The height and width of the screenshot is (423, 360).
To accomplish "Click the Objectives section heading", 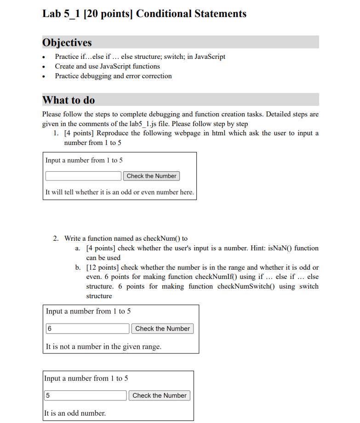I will [67, 42].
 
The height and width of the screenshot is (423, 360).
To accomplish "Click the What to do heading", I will [69, 100].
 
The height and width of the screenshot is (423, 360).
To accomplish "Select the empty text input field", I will [83, 176].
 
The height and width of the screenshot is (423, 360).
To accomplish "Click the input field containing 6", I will [87, 329].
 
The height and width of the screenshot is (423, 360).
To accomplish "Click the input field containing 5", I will [85, 395].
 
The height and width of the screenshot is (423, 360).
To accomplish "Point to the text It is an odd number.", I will [75, 413].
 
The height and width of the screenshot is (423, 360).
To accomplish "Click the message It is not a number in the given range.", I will [103, 346].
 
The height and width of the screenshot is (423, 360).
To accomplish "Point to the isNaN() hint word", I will [278, 248].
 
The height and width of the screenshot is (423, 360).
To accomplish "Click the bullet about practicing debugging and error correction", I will [113, 76].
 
